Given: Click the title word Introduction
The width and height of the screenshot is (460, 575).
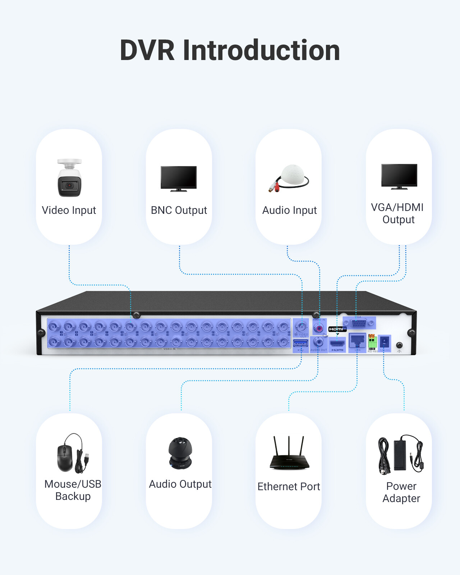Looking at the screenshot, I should pos(261,50).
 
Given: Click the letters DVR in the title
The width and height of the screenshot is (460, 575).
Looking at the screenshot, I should pos(147,50).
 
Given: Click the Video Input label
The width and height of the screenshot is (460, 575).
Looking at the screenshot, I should pos(69,210).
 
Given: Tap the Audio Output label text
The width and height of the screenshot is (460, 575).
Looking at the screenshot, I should pos(180,484).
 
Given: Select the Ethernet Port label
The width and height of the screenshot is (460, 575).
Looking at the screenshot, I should pos(289,487).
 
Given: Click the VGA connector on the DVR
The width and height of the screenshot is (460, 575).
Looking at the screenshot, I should pos(359,323).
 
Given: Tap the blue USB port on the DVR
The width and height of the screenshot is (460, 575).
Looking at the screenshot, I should pos(300,344).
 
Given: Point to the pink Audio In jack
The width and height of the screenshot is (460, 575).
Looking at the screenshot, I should pos(319,328).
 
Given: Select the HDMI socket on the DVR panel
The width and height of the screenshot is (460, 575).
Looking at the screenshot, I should pos(337,343).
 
